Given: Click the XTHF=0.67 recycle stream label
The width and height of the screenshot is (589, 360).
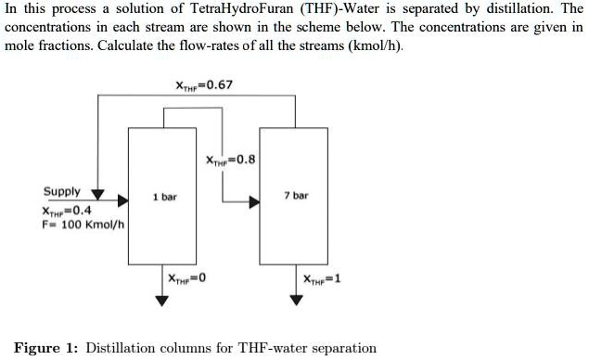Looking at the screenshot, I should point(204,85).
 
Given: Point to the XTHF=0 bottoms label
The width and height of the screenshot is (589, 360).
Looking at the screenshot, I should point(186,278).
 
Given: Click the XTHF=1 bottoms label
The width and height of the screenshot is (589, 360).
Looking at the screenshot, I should point(322,278).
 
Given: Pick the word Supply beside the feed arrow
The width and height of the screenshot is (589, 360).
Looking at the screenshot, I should point(62,192).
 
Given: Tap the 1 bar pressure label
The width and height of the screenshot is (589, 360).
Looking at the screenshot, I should point(165,197).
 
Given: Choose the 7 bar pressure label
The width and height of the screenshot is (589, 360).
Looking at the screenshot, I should point(297,196).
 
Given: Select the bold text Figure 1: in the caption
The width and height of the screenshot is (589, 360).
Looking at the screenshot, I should point(47,348).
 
